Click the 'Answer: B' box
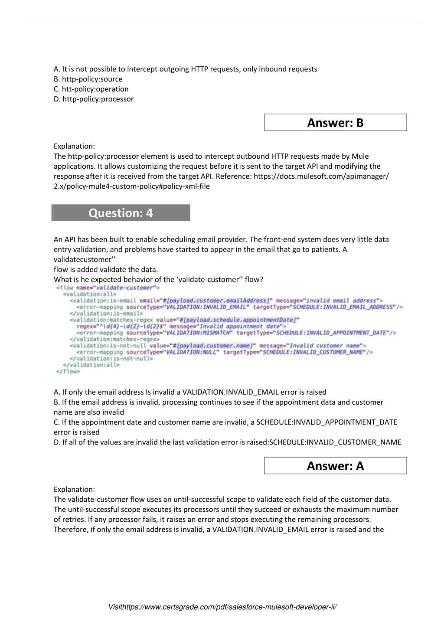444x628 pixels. point(335,123)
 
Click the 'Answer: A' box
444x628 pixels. point(335,466)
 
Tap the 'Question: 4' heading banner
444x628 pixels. point(121,213)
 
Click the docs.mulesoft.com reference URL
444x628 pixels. point(321,176)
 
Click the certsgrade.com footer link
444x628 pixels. point(222,607)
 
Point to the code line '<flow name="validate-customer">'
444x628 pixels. point(108,288)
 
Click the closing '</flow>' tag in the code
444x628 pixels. point(68,371)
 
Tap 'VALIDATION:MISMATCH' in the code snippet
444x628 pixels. point(199,333)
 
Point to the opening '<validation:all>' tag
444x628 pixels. point(90,294)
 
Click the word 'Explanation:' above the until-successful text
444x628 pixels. point(74,489)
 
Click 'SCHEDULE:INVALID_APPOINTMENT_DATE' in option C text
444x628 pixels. point(326,422)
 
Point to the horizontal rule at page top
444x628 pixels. point(222,21)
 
